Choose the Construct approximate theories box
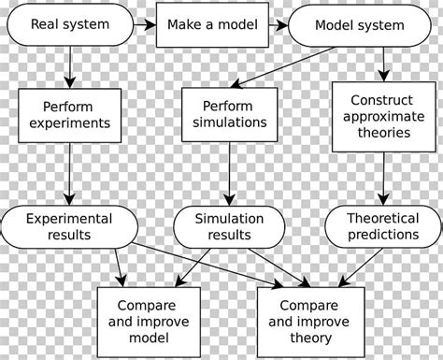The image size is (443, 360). point(384,114)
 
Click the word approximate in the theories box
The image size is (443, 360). point(384,115)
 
